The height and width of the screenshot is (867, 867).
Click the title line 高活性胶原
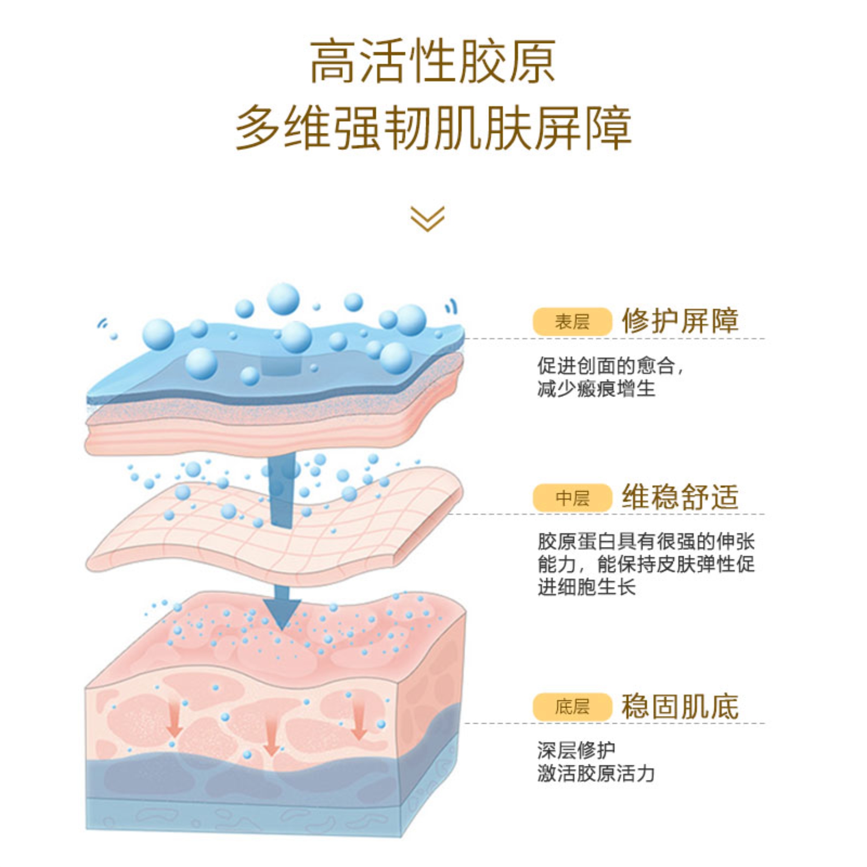coord(433,62)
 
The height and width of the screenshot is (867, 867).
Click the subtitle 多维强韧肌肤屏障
coord(433,128)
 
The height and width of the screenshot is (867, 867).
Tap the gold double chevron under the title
coord(427,218)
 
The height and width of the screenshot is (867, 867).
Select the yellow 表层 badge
coord(572,322)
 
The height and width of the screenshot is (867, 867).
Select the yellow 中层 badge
coord(572,498)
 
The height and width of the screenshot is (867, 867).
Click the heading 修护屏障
coord(680,321)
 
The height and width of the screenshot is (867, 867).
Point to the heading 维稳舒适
coord(680,498)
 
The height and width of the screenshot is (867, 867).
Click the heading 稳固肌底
coord(680,707)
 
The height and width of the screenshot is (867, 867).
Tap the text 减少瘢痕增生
coord(596,389)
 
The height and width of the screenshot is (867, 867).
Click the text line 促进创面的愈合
coord(609,365)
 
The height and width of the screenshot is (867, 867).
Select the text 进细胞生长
coord(586,587)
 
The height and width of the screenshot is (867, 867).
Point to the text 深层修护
coord(576,750)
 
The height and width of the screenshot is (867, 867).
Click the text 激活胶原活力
coord(596,774)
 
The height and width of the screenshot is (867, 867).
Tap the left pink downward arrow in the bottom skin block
coord(174,721)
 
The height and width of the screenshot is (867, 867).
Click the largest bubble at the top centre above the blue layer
coord(283,299)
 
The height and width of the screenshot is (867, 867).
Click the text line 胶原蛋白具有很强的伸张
coord(646,542)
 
